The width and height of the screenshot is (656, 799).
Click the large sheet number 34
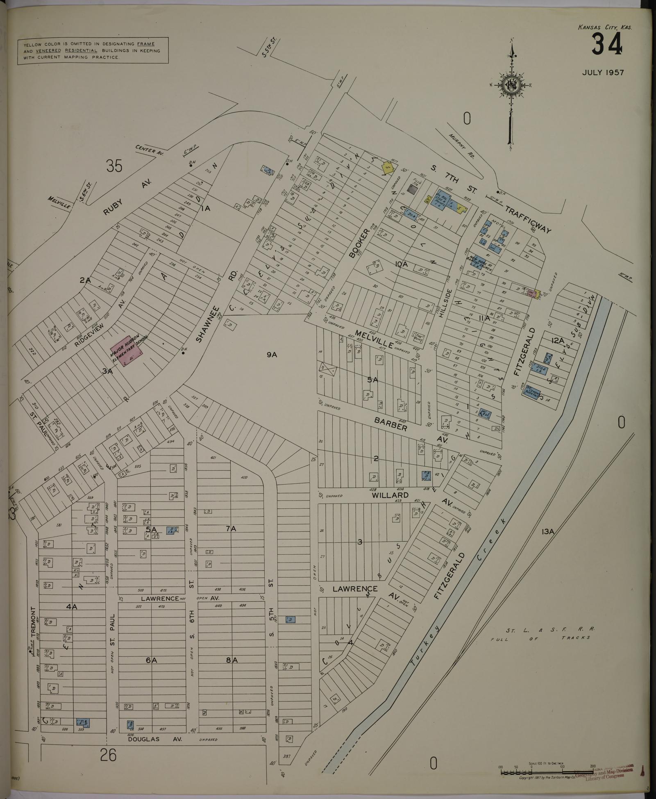[607, 44]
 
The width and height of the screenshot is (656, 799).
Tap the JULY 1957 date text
[603, 73]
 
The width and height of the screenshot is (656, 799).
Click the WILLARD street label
[390, 495]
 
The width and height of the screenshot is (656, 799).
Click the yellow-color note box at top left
[93, 51]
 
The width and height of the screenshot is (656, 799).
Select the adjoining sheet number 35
[114, 166]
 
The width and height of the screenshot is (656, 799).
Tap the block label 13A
[547, 532]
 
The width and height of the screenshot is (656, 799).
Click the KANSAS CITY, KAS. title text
[604, 27]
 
